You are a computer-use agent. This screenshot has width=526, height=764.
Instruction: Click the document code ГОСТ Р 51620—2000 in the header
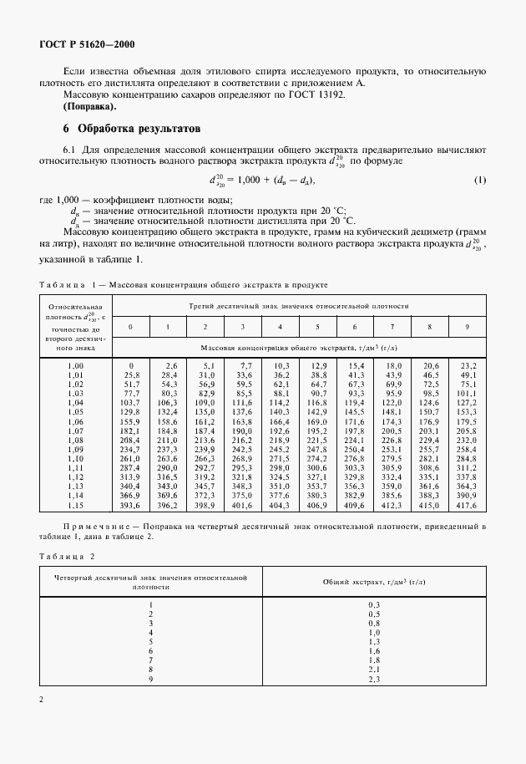pyautogui.click(x=87, y=44)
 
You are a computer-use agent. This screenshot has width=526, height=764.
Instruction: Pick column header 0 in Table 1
pyautogui.click(x=130, y=326)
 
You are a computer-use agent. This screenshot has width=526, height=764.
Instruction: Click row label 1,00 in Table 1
pyautogui.click(x=76, y=366)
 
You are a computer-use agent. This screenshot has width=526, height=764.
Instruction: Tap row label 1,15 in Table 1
pyautogui.click(x=76, y=506)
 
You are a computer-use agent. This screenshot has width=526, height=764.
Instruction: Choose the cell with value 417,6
pyautogui.click(x=466, y=506)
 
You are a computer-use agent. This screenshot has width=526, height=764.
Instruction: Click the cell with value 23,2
pyautogui.click(x=468, y=366)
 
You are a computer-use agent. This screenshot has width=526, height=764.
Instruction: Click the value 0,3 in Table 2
pyautogui.click(x=374, y=604)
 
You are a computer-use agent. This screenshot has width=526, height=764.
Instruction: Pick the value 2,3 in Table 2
pyautogui.click(x=374, y=678)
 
